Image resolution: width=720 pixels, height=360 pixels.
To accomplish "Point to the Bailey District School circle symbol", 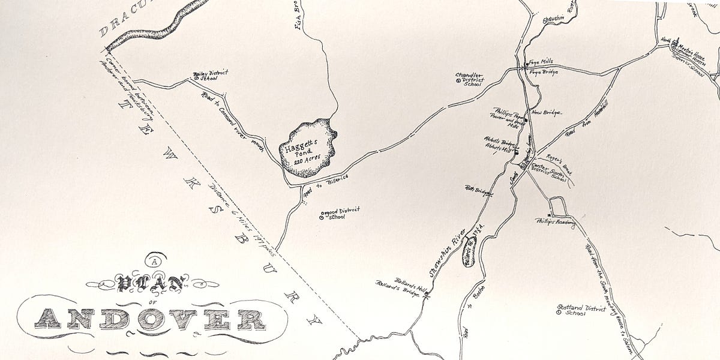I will click(196, 77).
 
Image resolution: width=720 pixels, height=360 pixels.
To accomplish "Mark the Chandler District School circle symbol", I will click(458, 80).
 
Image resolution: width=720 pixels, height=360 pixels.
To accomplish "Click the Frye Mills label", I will click(539, 61).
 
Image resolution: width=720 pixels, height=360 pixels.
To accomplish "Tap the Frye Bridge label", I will click(543, 72).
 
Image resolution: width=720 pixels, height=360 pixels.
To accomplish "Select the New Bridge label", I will click(544, 113).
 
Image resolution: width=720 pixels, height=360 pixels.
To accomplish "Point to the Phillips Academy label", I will click(555, 221).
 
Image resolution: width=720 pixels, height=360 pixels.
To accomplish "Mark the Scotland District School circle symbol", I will click(559, 313).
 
